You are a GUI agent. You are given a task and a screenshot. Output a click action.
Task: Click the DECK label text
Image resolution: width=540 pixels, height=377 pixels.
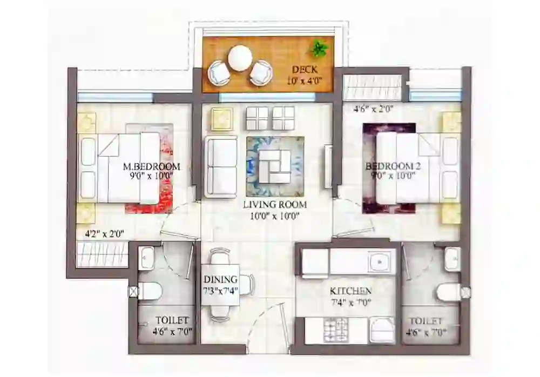304,70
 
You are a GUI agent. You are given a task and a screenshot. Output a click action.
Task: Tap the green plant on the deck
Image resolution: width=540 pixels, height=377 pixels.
318,50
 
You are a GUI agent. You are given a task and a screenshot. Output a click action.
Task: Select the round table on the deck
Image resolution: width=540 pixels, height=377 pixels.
240,58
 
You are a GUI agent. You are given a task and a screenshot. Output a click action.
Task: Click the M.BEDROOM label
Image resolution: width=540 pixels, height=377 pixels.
151,166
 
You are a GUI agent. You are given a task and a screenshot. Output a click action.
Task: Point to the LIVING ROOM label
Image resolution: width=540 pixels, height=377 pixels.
275,205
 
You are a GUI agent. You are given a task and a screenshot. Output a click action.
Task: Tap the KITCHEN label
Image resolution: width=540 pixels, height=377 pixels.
350,291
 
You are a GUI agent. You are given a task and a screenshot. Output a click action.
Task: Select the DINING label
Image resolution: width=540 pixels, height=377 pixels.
220,280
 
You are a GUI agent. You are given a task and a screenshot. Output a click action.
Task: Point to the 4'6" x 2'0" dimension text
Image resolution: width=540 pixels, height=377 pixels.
373,109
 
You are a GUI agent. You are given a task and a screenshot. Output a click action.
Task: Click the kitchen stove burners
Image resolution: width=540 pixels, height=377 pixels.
336,329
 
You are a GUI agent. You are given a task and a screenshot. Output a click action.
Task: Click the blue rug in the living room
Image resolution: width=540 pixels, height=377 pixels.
275,166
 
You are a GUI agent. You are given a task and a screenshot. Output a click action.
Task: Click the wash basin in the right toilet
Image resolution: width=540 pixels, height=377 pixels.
451,259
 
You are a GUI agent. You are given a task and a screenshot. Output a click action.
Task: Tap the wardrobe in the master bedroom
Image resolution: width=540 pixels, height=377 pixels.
103,254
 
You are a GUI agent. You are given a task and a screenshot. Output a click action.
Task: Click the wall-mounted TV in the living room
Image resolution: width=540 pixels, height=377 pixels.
327,166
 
